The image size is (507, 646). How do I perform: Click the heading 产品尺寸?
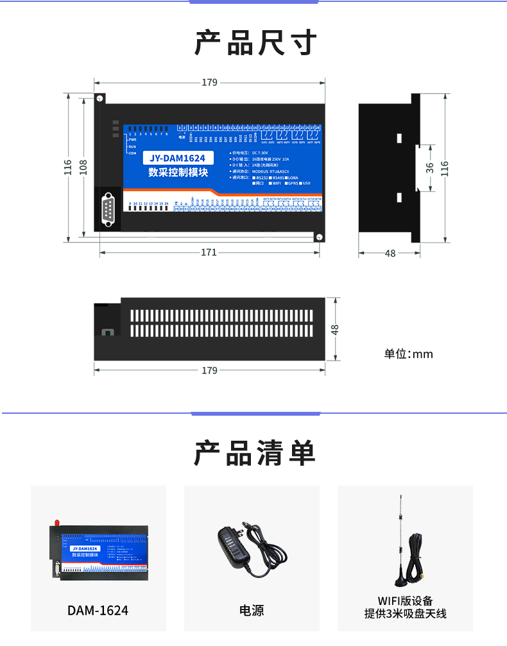click(255, 43)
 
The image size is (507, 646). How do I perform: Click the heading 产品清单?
click(255, 454)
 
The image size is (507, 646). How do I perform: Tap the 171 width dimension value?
click(209, 253)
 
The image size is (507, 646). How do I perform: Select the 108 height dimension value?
click(83, 167)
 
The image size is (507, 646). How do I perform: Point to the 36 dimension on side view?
click(430, 167)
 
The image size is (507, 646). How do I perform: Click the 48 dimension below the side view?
click(390, 253)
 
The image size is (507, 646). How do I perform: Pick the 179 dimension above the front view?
click(210, 82)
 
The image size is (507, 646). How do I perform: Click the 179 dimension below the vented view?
click(210, 370)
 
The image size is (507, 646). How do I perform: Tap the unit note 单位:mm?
click(408, 354)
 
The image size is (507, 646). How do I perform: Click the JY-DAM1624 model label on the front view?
click(176, 158)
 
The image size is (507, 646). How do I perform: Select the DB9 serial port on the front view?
click(108, 209)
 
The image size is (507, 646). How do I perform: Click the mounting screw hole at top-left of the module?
click(100, 99)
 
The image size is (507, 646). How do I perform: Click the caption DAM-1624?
click(98, 611)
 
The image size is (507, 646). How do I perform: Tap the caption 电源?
click(252, 611)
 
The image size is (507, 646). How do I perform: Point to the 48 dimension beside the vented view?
click(334, 329)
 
